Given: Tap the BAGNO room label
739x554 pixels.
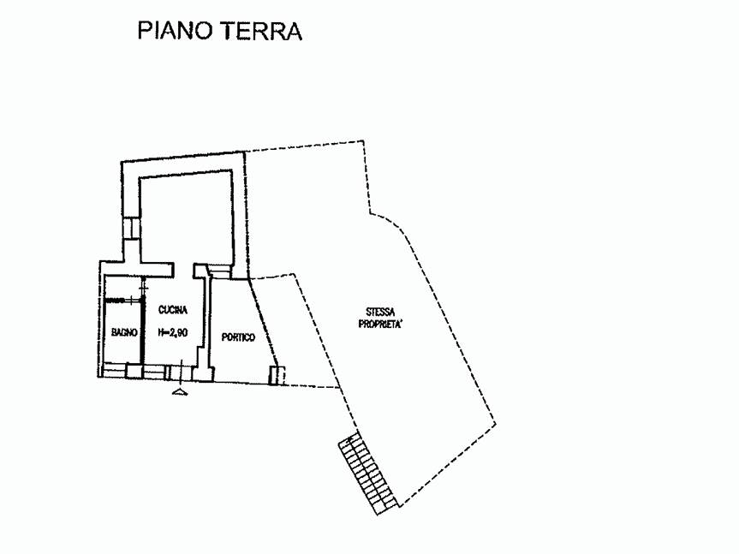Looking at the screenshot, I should (x=121, y=332).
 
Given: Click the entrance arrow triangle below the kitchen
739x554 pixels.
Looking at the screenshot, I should (x=179, y=391).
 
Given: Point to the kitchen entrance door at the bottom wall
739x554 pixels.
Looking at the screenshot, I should (x=180, y=372).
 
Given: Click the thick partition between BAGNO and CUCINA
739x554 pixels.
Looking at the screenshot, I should (x=143, y=330).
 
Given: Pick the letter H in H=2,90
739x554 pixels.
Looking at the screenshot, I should (x=159, y=332).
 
